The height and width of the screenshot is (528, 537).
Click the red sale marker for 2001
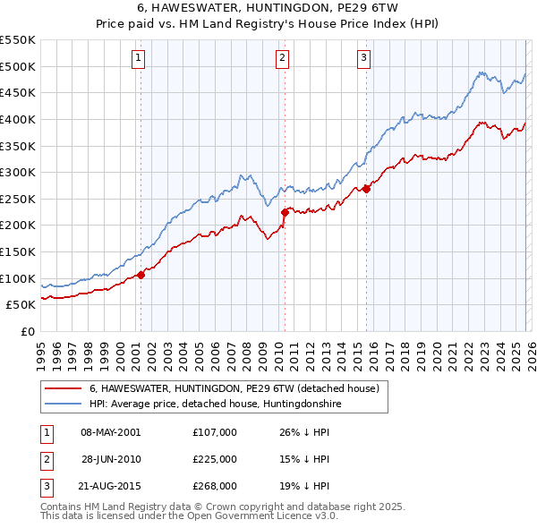coord(141,275)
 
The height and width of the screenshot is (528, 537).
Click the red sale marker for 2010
coord(285,212)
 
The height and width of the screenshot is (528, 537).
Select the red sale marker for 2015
coord(366,189)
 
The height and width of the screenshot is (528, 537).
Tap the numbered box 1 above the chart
coord(140,58)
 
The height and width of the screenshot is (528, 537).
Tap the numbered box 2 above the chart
coord(282,58)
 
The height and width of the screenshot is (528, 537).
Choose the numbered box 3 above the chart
coord(364,58)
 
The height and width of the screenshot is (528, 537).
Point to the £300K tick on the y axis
coord(18,172)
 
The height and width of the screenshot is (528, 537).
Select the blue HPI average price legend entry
coord(215,404)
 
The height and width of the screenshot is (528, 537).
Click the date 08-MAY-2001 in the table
coord(111,431)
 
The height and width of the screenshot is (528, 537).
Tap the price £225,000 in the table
coord(214,458)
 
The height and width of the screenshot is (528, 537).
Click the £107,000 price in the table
coord(214,431)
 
